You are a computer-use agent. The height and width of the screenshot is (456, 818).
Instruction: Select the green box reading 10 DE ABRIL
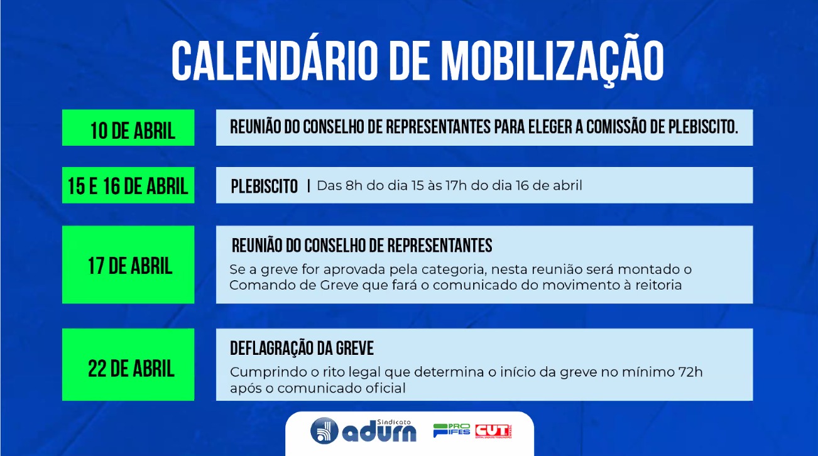click(x=128, y=128)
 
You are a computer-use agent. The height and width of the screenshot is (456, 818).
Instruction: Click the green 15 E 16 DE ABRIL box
click(x=128, y=185)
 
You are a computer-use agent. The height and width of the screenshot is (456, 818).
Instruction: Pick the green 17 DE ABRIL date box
click(x=128, y=264)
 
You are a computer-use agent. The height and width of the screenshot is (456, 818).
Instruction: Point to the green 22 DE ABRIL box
click(x=128, y=364)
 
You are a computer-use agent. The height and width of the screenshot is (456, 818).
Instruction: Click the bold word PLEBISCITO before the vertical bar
click(x=264, y=186)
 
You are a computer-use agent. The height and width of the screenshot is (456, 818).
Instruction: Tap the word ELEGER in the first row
click(x=551, y=127)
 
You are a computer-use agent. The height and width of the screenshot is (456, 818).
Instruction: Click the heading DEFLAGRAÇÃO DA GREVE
click(x=302, y=349)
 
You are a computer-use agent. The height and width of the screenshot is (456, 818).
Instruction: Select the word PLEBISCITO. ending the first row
click(x=703, y=127)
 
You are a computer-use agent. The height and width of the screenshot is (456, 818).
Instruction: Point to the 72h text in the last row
click(x=690, y=372)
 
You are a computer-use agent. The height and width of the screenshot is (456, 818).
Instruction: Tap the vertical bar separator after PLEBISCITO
click(x=308, y=186)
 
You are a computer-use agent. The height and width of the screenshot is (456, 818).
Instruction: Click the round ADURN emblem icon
click(x=324, y=431)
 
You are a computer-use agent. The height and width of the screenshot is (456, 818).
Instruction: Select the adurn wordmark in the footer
click(x=379, y=433)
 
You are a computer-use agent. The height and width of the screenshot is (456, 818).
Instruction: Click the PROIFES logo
click(x=452, y=430)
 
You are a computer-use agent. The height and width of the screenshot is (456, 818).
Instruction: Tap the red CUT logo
click(x=493, y=431)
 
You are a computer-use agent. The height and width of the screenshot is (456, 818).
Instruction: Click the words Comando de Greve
click(x=294, y=285)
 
